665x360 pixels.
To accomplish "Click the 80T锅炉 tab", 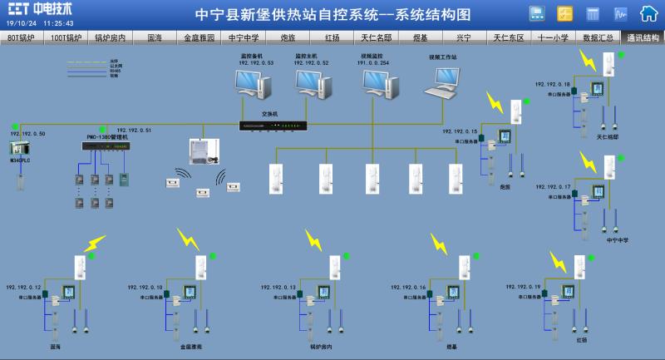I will pos(22,38).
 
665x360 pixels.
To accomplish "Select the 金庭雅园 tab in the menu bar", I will pos(199,38).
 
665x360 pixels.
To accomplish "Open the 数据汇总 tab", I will pos(598,38).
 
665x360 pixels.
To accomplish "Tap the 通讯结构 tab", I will pos(643,38).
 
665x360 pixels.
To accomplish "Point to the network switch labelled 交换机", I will pos(273,126).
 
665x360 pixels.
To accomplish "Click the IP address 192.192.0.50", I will pos(27,133).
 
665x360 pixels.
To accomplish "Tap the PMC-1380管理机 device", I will pos(106,145).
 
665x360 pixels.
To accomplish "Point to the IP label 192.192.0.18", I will pos(553,85).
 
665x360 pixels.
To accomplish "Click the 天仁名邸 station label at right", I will pos(608,136).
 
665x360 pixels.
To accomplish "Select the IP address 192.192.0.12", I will pos(23,287).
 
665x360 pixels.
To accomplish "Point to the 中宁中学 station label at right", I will pos(618,239).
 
